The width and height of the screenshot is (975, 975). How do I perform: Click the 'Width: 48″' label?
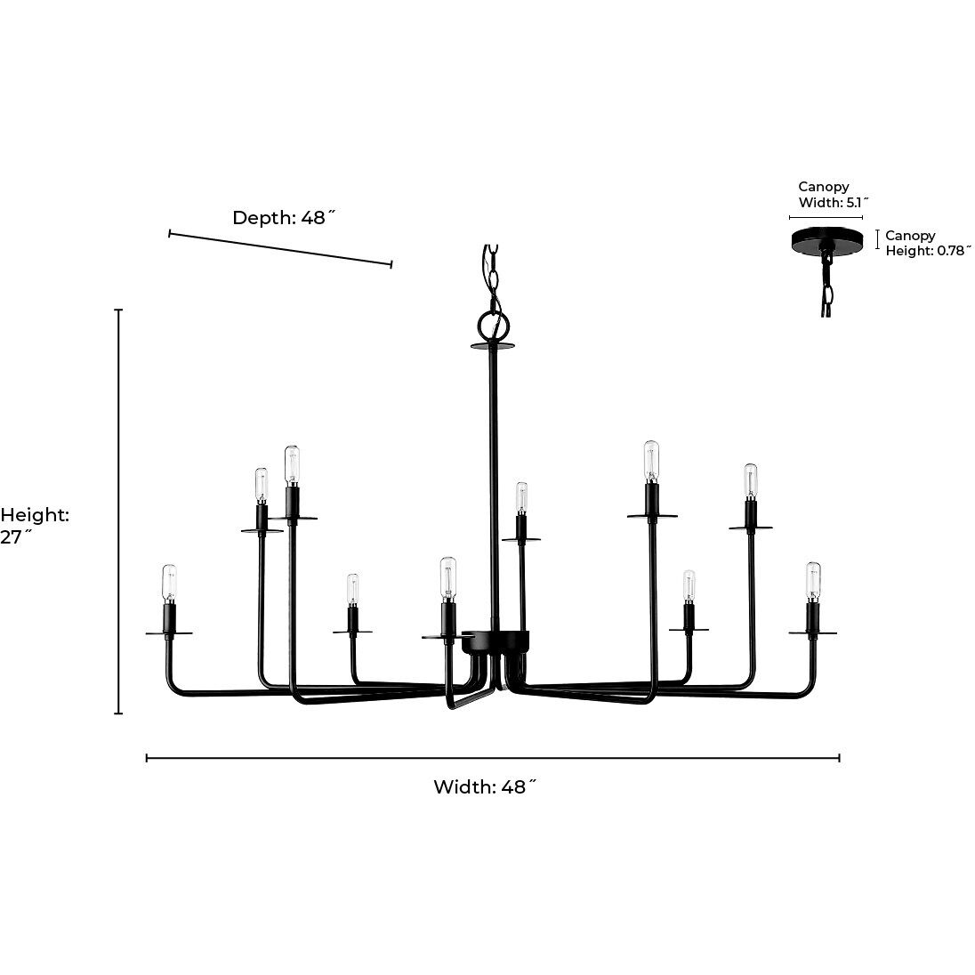pos(485,787)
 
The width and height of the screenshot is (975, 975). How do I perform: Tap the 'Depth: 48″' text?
pos(285,218)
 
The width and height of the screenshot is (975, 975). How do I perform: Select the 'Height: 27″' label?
pos(34,526)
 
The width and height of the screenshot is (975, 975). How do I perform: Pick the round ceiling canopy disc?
pos(826,238)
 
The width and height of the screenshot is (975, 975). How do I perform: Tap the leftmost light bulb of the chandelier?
pos(169,583)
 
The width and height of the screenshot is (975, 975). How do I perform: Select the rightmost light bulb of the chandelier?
pos(812,580)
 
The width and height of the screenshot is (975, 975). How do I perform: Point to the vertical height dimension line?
pos(118,512)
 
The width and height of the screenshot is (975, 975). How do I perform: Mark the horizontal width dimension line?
pos(493,758)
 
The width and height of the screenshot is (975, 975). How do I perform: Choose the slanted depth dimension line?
pos(280,248)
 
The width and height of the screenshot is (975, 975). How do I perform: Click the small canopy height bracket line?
pos(878,238)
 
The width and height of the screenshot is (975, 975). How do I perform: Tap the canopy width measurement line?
pos(826,216)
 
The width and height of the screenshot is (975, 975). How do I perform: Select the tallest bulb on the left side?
pos(291,464)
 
